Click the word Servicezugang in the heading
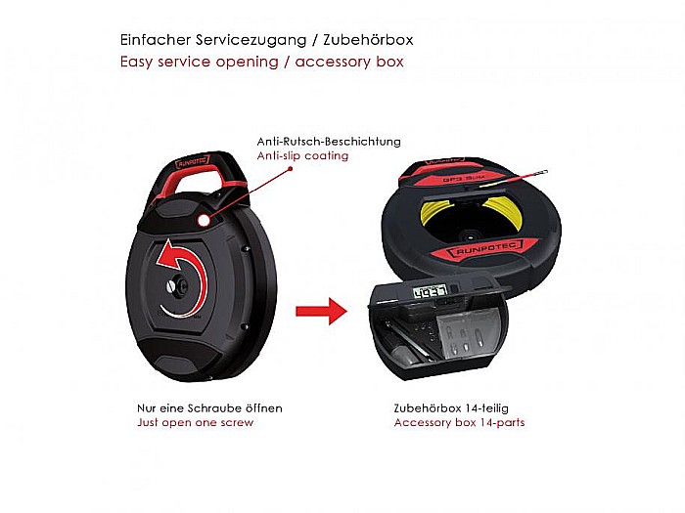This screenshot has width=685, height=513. click(251, 41)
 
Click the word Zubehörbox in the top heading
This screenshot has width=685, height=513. click(368, 40)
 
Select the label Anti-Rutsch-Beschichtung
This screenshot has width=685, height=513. click(329, 142)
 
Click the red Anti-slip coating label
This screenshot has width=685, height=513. click(302, 155)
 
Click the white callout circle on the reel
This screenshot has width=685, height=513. click(204, 221)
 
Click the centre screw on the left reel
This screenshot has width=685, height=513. click(171, 286)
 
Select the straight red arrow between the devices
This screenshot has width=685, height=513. click(322, 311)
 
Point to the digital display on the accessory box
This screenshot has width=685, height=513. click(431, 291)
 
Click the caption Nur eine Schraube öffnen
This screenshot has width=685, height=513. click(209, 408)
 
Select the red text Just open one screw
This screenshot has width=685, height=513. click(196, 422)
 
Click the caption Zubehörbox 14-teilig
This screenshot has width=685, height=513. click(451, 408)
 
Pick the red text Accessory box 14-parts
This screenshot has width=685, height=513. click(459, 422)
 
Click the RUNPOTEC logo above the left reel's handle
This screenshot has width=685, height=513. click(193, 163)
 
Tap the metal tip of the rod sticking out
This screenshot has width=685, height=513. click(542, 172)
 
